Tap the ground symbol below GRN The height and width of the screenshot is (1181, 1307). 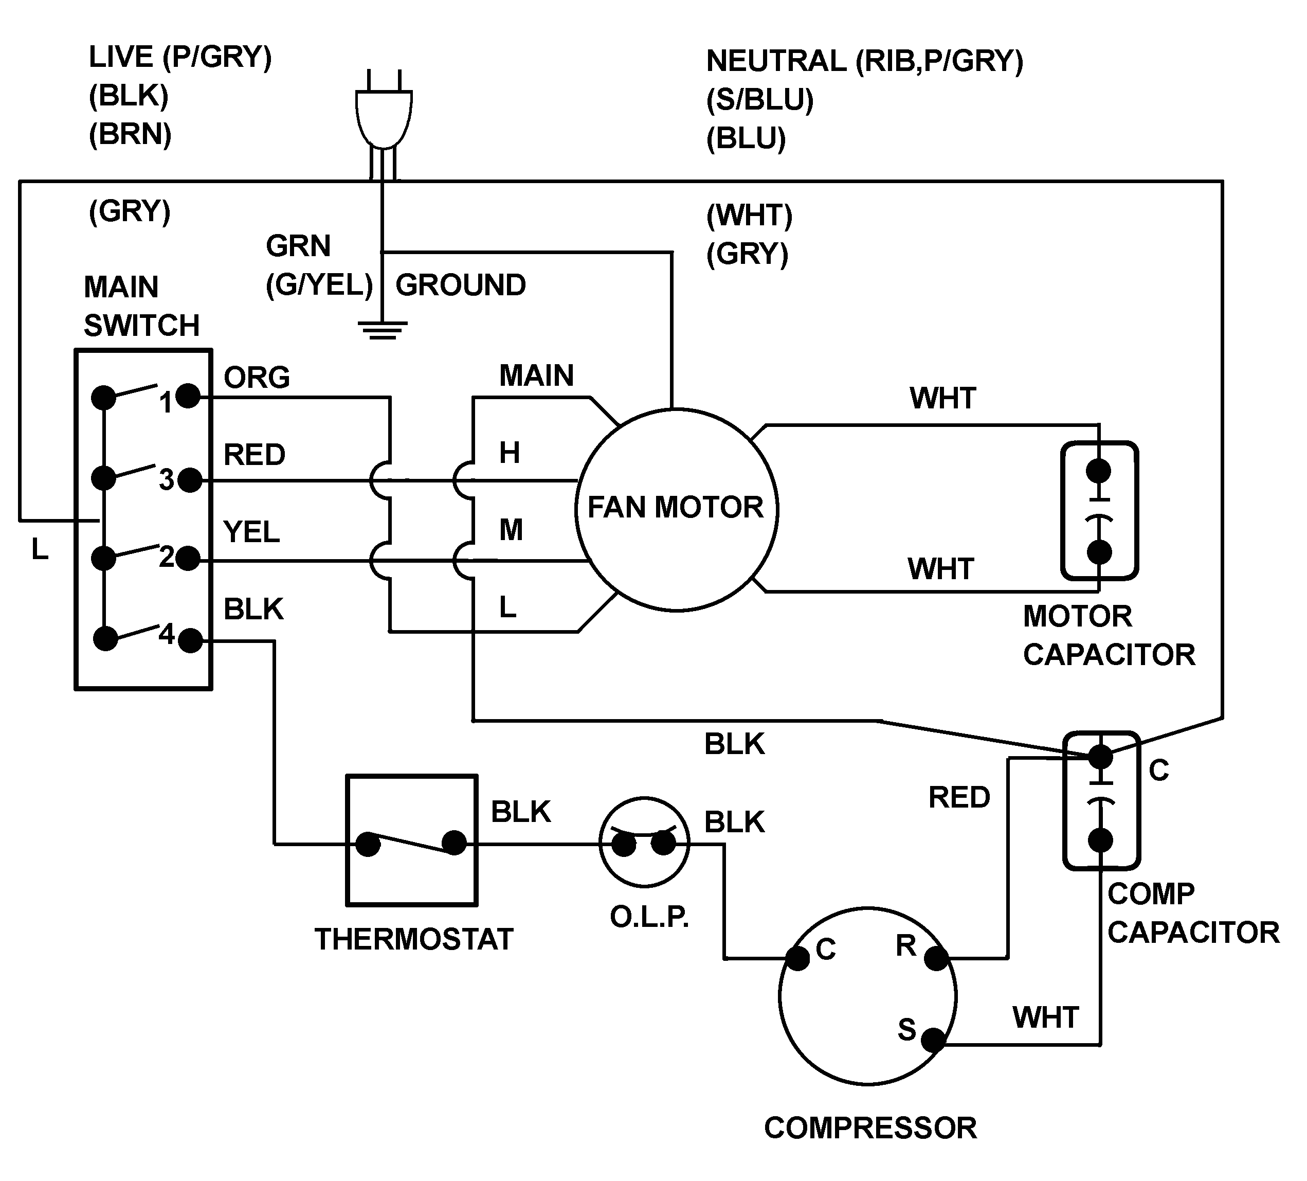[383, 330]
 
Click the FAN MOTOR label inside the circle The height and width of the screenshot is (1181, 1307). [675, 507]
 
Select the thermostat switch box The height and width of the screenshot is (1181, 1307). [412, 840]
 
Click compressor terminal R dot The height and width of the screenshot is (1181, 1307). [936, 959]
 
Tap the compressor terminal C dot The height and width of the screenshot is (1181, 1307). [798, 959]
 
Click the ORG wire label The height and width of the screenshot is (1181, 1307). [257, 378]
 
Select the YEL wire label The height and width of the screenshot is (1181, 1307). [251, 532]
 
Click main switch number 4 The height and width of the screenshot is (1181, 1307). [167, 634]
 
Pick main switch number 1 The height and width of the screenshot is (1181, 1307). [166, 403]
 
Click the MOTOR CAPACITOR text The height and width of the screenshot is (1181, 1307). [1109, 636]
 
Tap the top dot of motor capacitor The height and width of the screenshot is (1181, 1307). [1098, 471]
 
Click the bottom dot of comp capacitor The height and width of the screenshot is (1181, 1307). [1100, 840]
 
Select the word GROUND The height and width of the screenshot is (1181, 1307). [460, 285]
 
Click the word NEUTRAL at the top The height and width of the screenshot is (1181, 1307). [776, 61]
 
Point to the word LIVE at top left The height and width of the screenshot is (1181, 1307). [121, 57]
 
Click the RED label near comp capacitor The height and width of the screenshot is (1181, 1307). [959, 798]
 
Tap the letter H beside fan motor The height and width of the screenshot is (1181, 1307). [510, 453]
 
